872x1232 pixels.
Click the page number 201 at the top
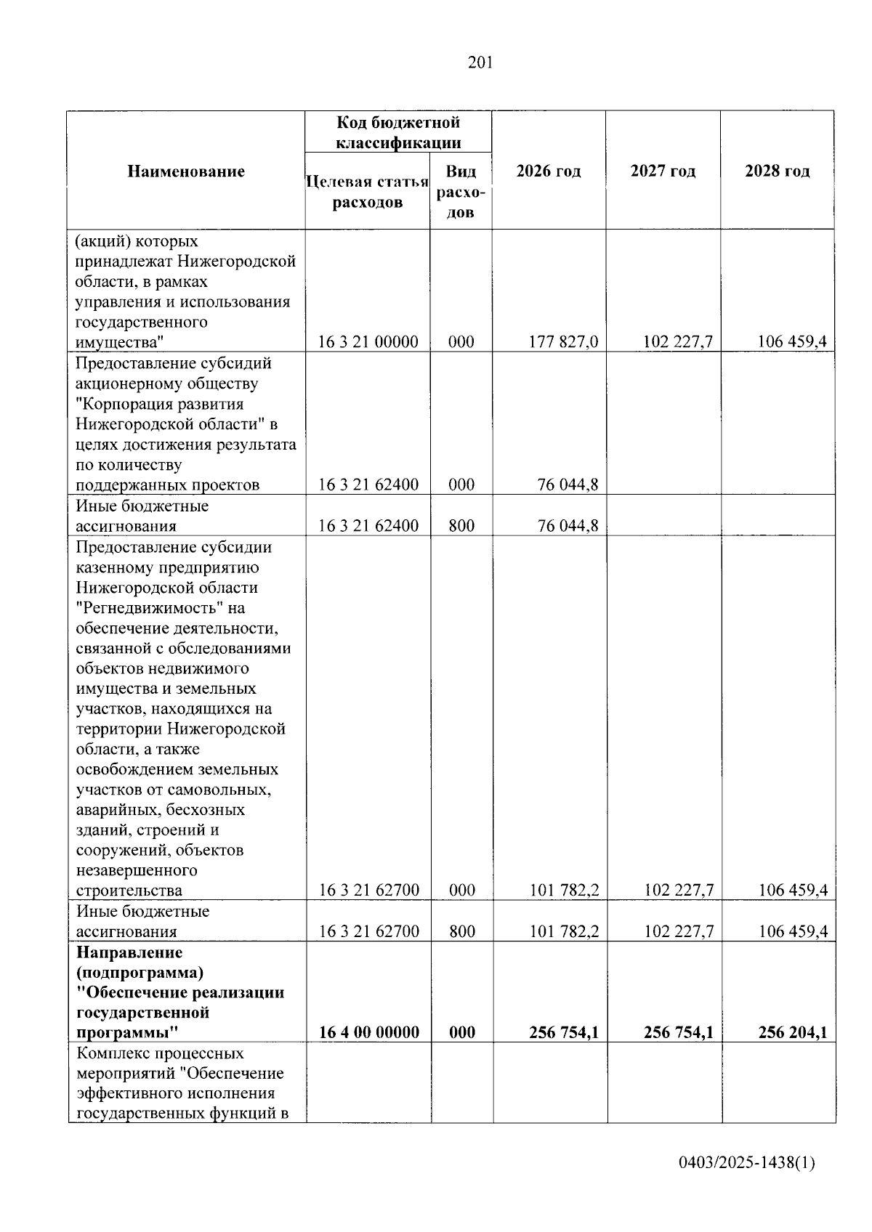480,63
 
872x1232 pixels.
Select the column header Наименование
186,172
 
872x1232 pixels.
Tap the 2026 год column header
549,171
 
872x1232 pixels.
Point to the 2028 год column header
777,171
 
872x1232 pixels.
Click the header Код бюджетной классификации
398,132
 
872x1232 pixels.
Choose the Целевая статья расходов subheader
368,192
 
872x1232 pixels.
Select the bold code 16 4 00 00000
369,1032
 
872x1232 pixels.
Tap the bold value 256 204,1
791,1032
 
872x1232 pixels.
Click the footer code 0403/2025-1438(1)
747,1163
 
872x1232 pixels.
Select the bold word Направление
129,952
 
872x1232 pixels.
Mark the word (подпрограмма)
140,972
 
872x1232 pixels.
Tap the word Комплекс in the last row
110,1053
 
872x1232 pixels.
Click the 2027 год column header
663,171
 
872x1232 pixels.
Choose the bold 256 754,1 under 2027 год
677,1032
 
